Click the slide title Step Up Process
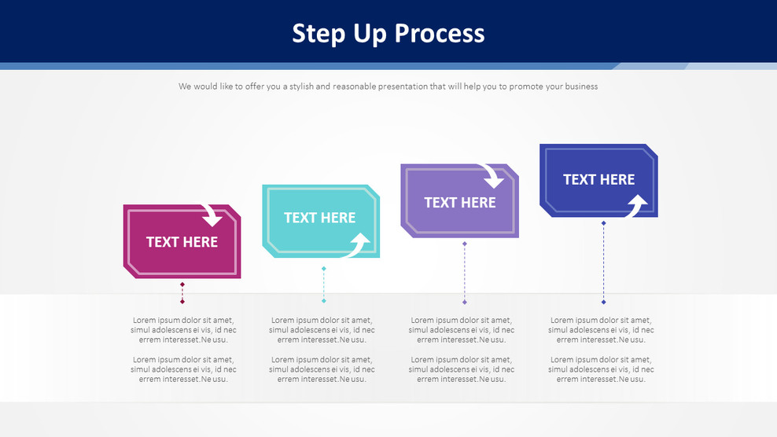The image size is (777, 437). (388, 33)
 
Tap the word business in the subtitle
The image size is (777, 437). (578, 86)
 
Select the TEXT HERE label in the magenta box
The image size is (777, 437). (182, 242)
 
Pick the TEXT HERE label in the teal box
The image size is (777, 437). (319, 218)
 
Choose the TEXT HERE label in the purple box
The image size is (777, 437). (460, 202)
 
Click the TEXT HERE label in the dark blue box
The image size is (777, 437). (598, 179)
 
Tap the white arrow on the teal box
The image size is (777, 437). (358, 244)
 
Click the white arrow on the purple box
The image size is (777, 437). (493, 176)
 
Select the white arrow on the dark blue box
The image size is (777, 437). (635, 206)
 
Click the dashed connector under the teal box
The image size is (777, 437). (324, 285)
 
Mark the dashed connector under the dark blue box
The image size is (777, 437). (604, 263)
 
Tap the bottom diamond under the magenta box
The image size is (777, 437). (182, 301)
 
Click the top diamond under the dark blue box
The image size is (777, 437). (604, 223)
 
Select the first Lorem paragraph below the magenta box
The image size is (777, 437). (183, 330)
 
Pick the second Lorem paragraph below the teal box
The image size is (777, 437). (322, 369)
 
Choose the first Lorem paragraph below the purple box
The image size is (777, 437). (462, 330)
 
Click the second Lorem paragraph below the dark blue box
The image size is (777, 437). (601, 369)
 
